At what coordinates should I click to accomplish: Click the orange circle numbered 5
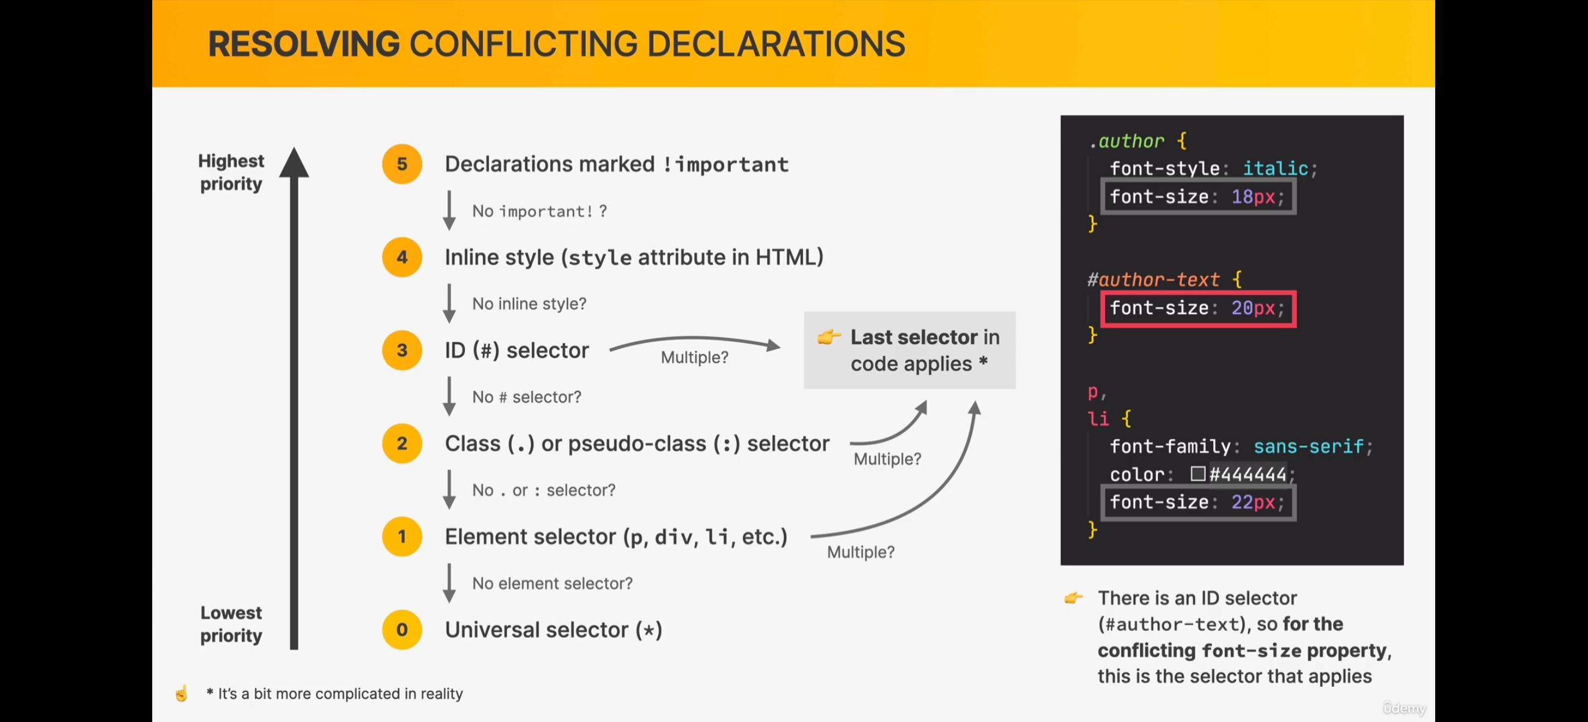(402, 164)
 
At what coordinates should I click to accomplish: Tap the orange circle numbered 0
(402, 629)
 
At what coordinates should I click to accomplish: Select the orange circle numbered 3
(402, 350)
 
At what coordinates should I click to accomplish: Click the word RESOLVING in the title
(304, 45)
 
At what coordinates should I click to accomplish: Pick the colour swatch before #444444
(1197, 474)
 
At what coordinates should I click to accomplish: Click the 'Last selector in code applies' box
(909, 350)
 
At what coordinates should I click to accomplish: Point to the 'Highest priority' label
(231, 172)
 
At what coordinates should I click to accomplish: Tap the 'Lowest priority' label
(231, 624)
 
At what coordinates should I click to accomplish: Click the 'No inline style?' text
(529, 304)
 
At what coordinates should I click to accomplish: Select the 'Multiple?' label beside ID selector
(694, 357)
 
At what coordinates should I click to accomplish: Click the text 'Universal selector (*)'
(553, 630)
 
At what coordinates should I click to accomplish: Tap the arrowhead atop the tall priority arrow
(294, 163)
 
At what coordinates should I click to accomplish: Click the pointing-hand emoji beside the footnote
(181, 694)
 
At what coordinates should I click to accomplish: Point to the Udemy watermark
(1405, 708)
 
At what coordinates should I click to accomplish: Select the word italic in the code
(1275, 168)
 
